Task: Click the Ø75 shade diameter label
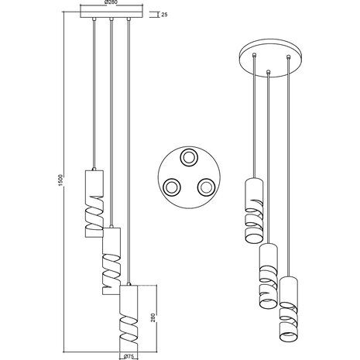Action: (129, 355)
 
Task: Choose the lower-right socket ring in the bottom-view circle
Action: (205, 186)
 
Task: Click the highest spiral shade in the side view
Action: (91, 201)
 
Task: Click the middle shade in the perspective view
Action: (268, 275)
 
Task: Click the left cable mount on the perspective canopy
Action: (255, 56)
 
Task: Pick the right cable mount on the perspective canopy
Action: (287, 57)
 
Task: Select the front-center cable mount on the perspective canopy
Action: (268, 74)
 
